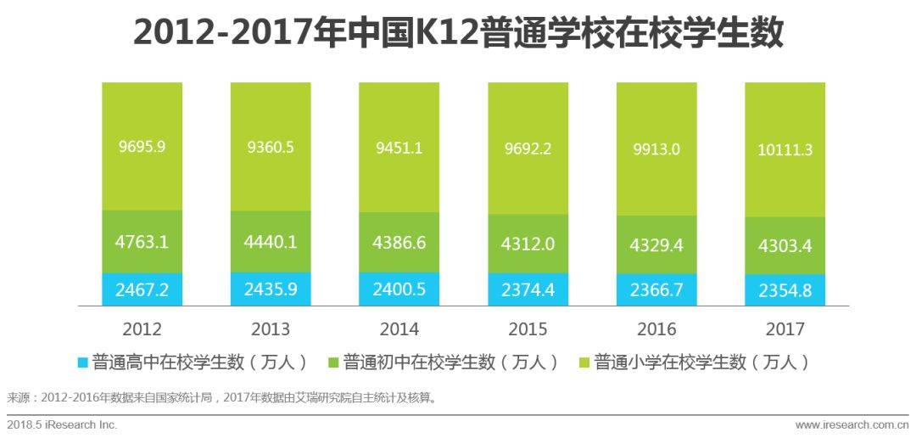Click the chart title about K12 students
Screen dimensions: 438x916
pos(458,34)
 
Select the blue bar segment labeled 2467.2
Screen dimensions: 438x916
pos(142,289)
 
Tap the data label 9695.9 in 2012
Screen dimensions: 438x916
pos(142,146)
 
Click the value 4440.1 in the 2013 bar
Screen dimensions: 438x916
pos(271,242)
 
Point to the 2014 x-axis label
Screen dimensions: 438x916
pos(399,329)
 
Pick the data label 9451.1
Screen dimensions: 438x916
pos(399,148)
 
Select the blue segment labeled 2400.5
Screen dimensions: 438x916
pos(399,289)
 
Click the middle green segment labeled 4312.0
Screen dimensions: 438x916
pos(528,243)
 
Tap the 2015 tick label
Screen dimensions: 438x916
pos(528,329)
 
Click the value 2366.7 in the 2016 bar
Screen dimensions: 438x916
pos(656,290)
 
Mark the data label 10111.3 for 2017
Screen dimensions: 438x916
pos(785,150)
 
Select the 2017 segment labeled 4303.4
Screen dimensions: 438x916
pos(785,246)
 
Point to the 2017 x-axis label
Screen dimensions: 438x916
pos(785,329)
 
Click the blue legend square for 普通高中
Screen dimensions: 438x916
pos(82,362)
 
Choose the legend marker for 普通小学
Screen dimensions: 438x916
pos(583,362)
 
